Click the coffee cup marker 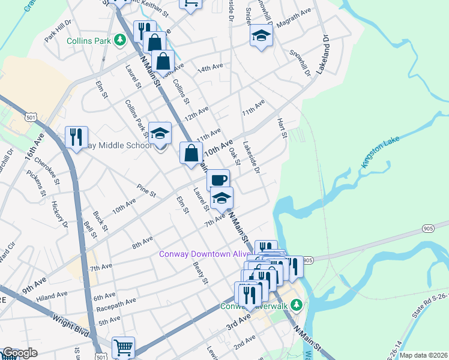click(218, 179)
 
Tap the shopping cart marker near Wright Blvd click(123, 347)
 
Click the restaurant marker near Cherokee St click(77, 137)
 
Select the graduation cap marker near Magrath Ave click(262, 35)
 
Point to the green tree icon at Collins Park click(120, 40)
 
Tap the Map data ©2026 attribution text click(424, 355)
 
